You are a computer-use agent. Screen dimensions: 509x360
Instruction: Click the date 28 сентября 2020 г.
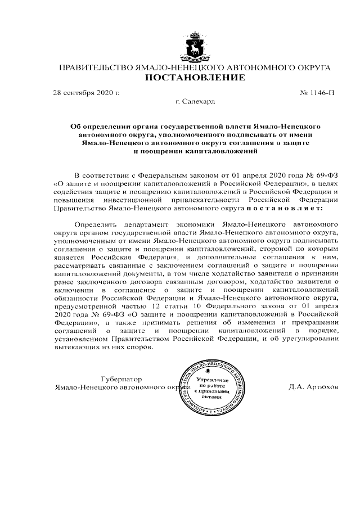86,92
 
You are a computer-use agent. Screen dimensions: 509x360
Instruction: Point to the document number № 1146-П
318,92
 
